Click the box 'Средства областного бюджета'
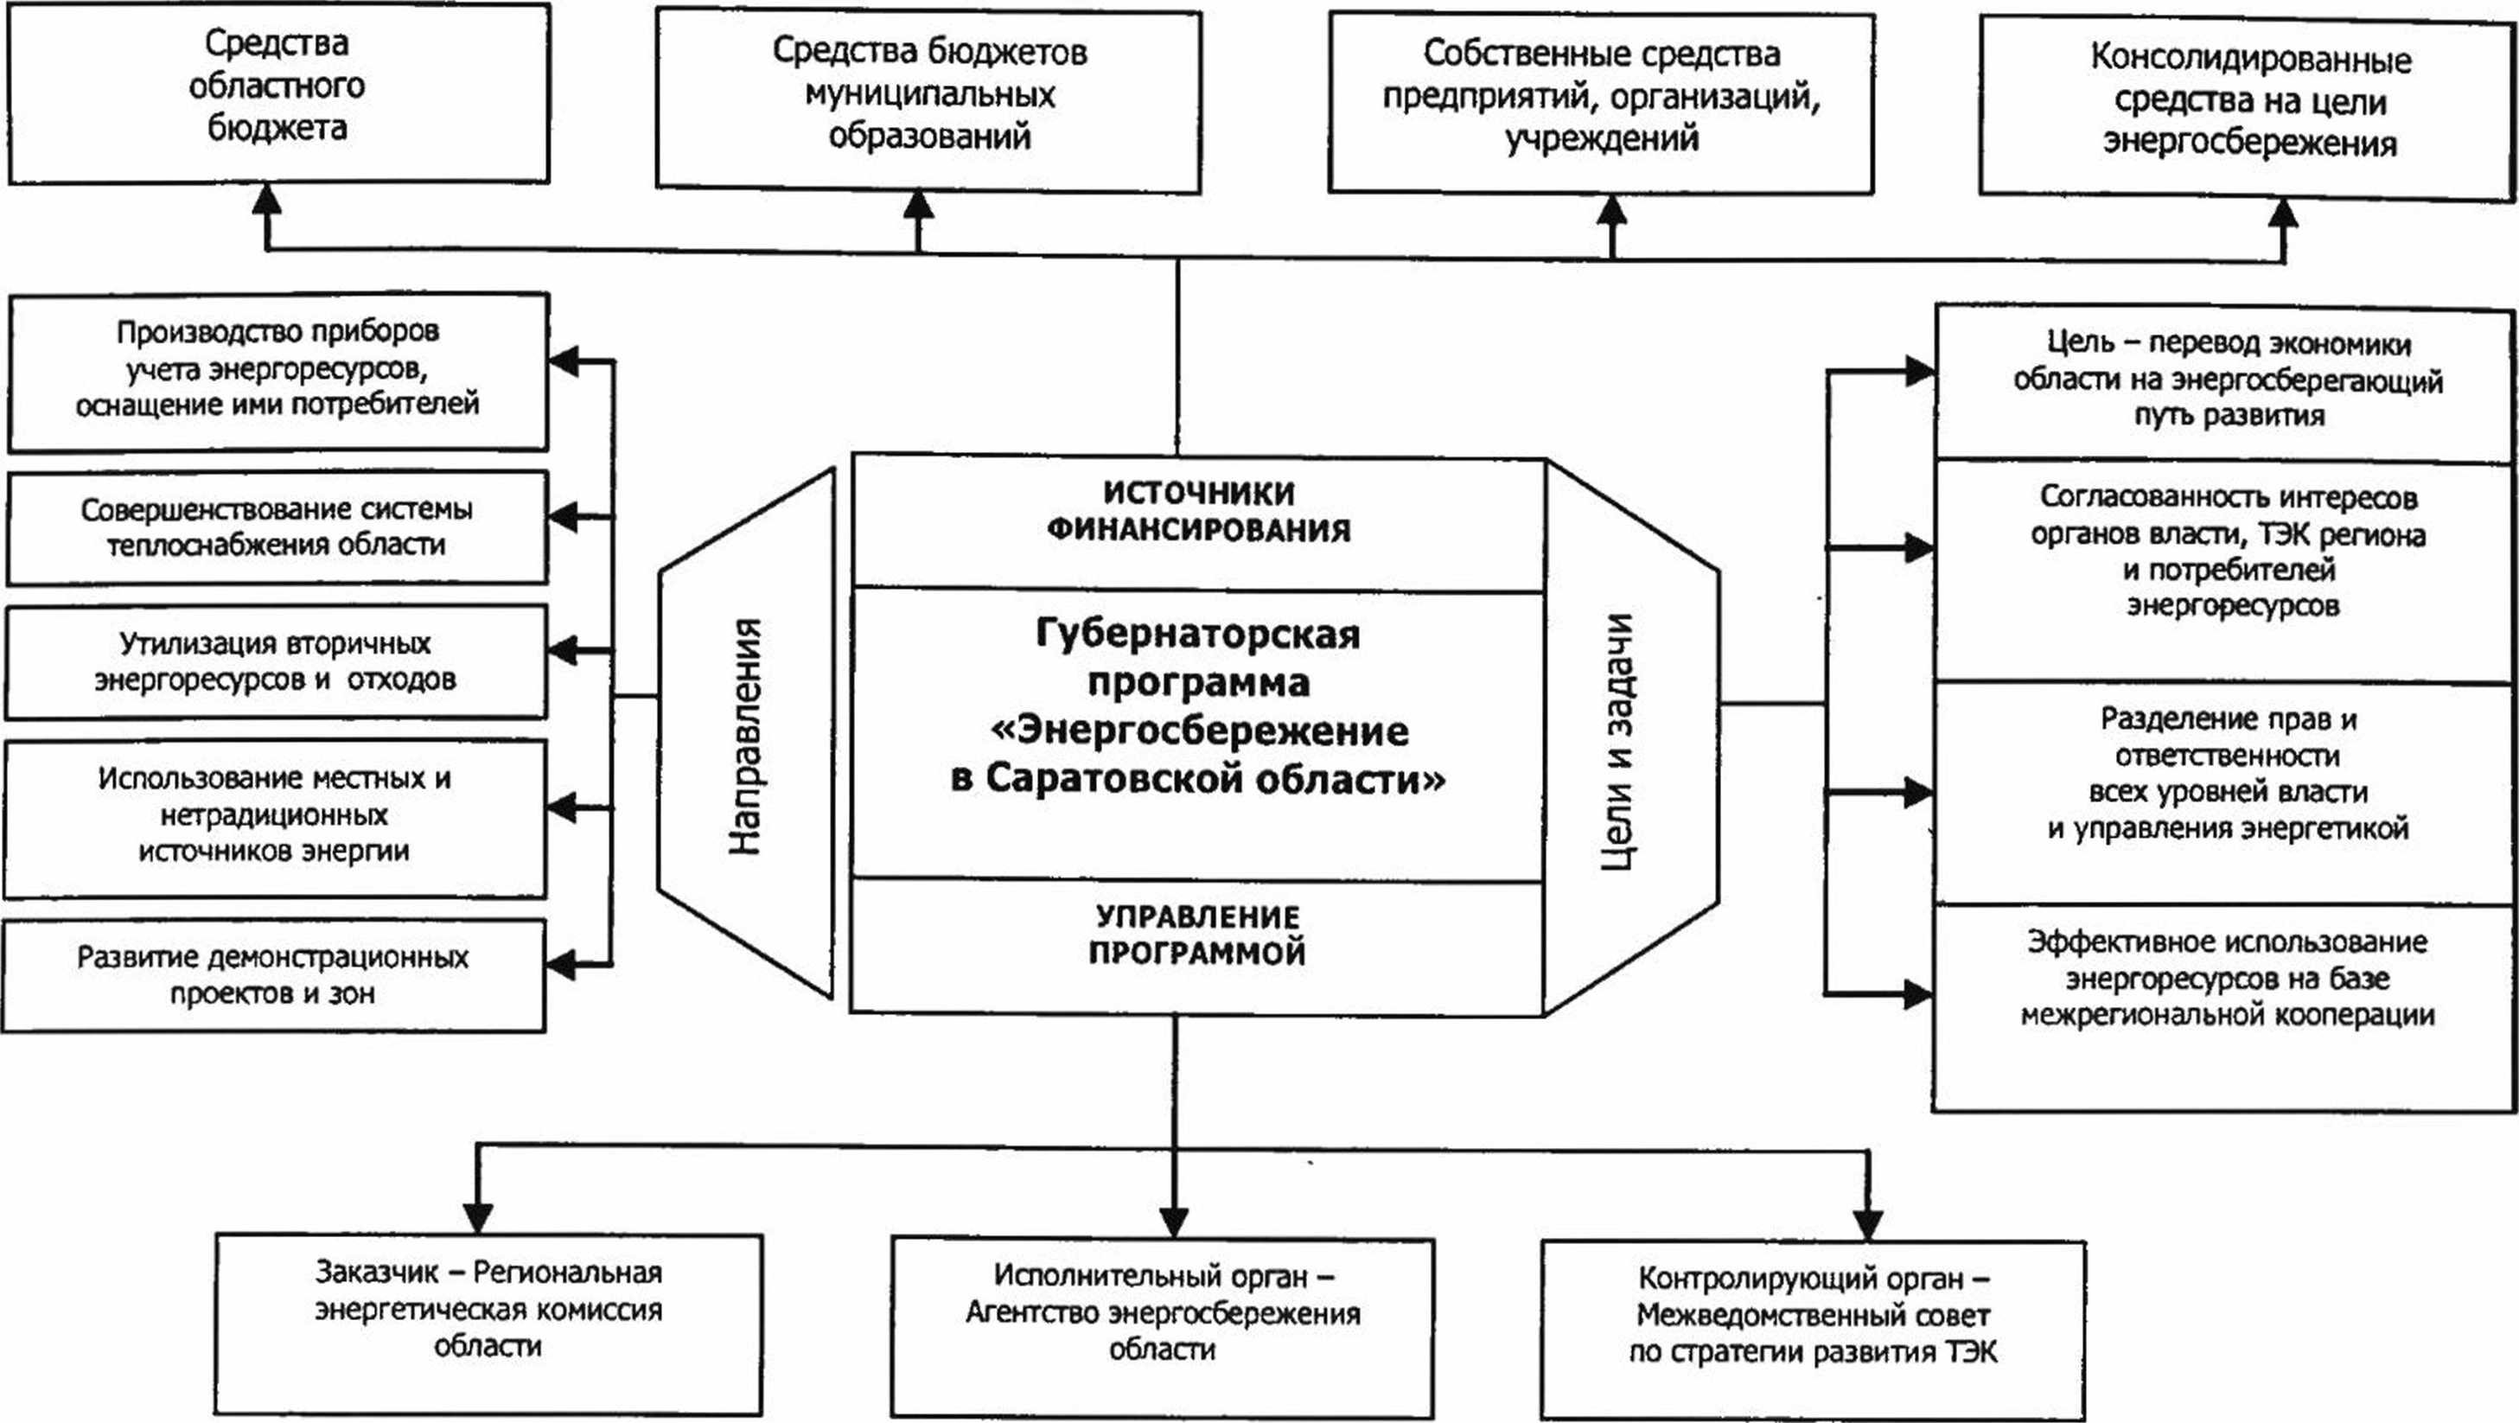coord(277,93)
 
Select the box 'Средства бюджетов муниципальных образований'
coord(928,101)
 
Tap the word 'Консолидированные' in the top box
coord(2250,60)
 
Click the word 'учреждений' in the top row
coord(1601,139)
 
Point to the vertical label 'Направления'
coord(746,736)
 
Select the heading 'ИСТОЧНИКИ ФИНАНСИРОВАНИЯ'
coord(1198,511)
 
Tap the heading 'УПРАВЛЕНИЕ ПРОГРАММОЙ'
coord(1198,934)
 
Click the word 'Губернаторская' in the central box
coord(1198,634)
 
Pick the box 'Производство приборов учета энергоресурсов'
coord(277,372)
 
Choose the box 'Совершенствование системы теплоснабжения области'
coord(277,528)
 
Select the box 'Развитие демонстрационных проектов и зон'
coord(273,975)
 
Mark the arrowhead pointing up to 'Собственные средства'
coord(1611,211)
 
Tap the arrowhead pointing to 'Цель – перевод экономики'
coord(1918,372)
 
